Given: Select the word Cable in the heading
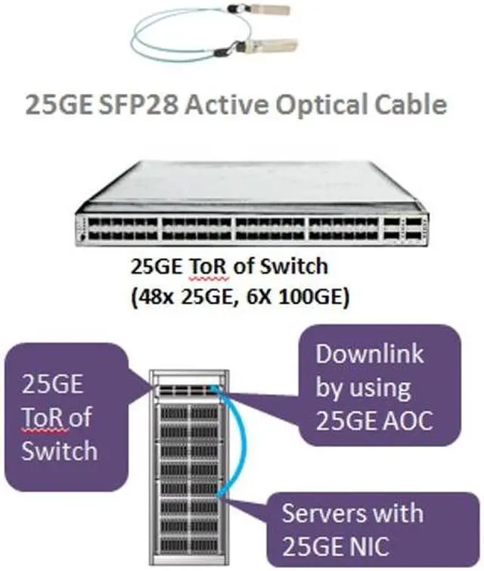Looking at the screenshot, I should pos(408,104).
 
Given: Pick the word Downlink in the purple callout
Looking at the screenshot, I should pos(369,354).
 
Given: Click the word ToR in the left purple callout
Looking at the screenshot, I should pos(43,417).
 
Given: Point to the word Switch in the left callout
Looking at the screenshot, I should pos(59,451).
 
